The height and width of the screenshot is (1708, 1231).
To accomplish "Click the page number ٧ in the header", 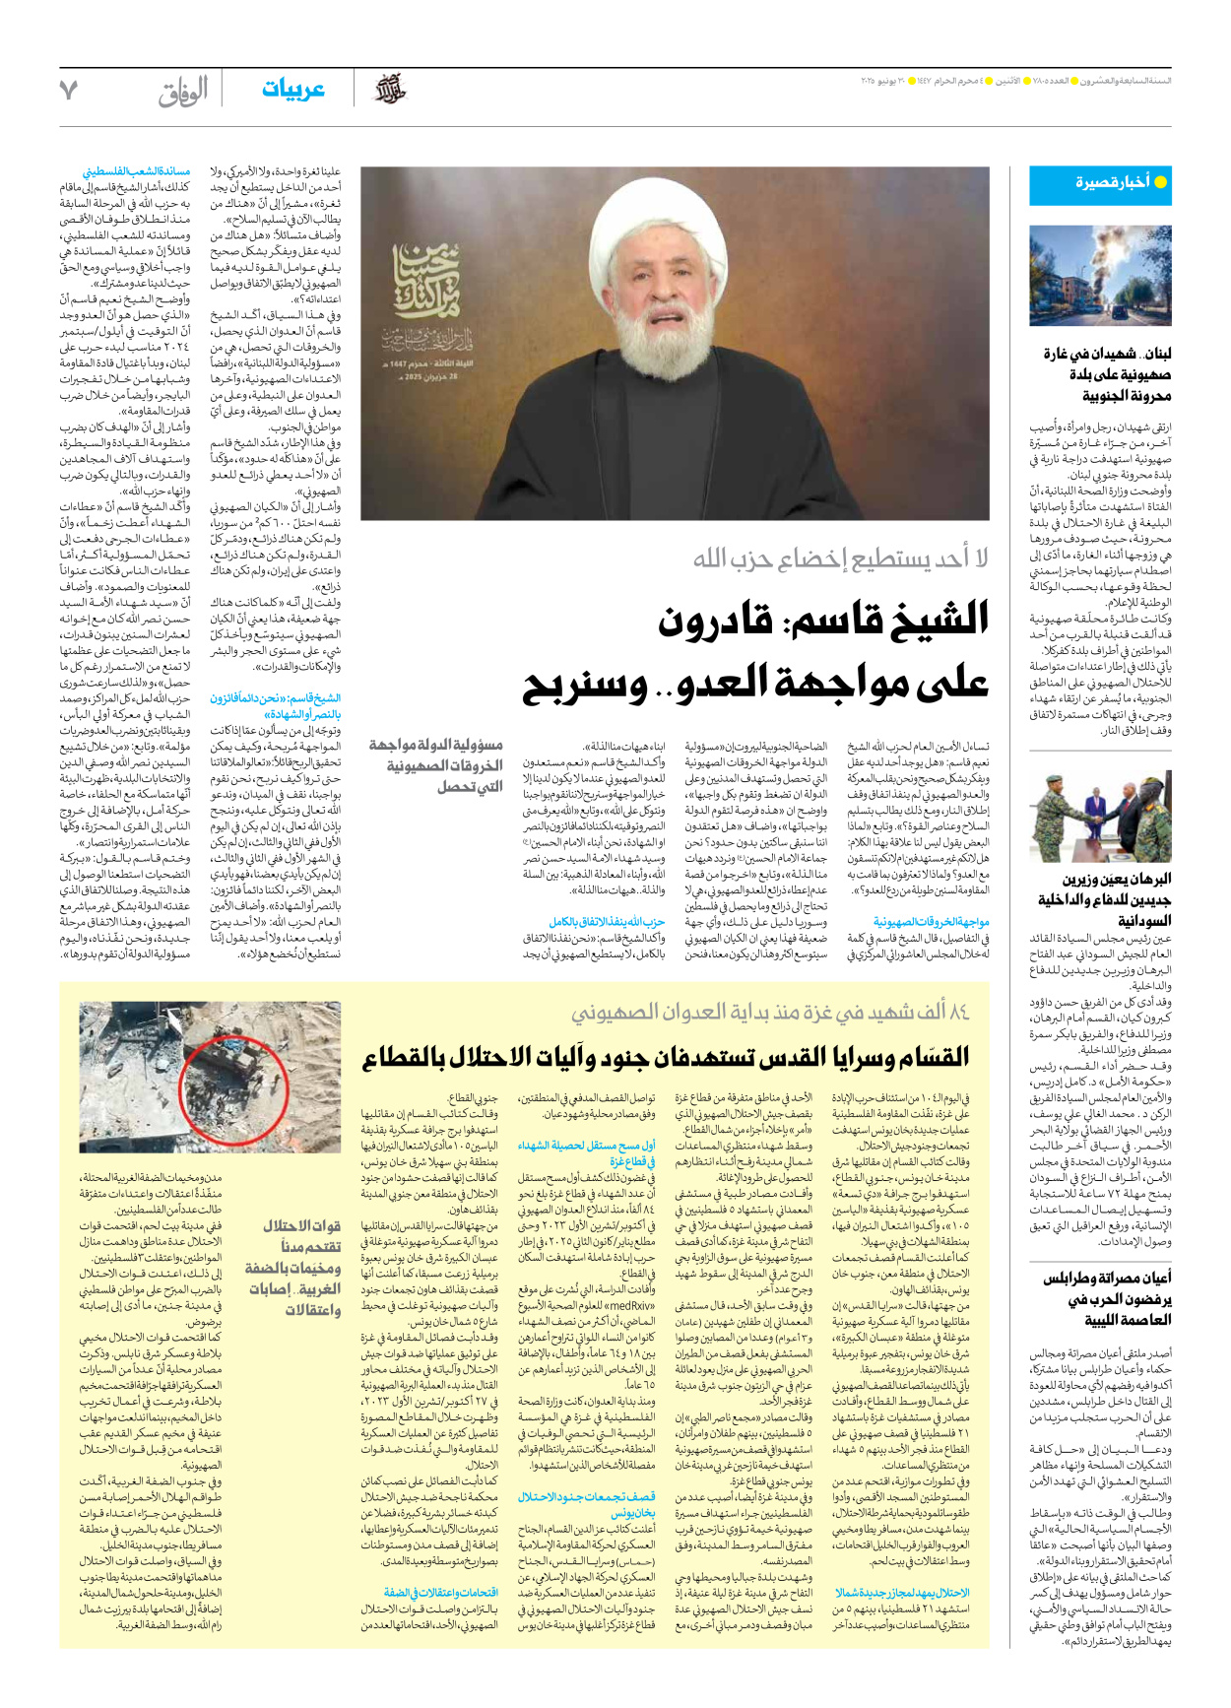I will (x=68, y=91).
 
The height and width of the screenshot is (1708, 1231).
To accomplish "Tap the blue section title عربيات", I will (x=292, y=90).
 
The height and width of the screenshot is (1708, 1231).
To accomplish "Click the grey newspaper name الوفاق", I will (x=183, y=93).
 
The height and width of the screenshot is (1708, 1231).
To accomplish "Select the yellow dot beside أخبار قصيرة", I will (x=1160, y=182).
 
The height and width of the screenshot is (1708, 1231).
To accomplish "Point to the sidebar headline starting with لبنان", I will (x=1107, y=374).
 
